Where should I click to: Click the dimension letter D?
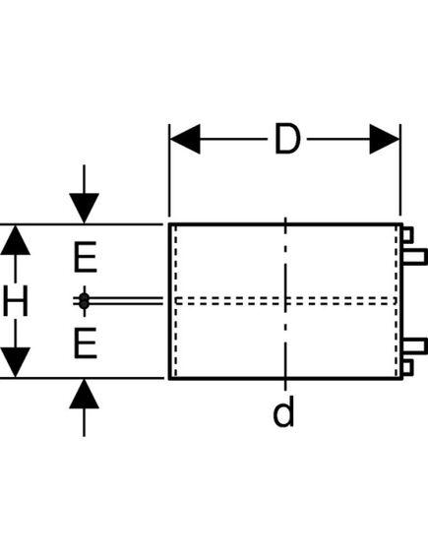pyautogui.click(x=285, y=141)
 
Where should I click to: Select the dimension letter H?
pyautogui.click(x=15, y=302)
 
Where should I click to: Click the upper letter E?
pyautogui.click(x=86, y=260)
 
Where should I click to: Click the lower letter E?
pyautogui.click(x=86, y=343)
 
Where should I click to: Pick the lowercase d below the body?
pyautogui.click(x=283, y=413)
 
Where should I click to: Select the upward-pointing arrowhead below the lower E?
pyautogui.click(x=86, y=394)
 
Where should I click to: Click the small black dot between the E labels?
pyautogui.click(x=86, y=299)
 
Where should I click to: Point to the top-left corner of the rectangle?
pyautogui.click(x=169, y=224)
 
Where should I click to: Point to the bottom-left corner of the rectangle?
pyautogui.click(x=169, y=378)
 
